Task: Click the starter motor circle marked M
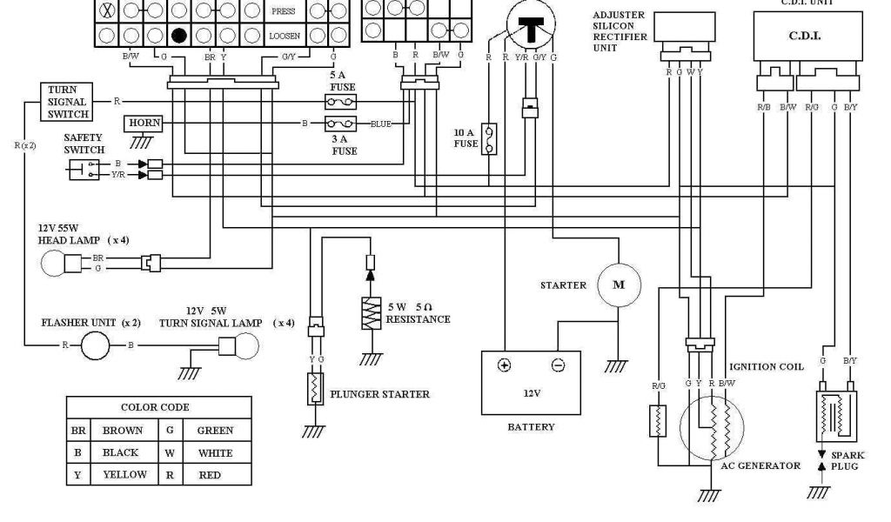tap(620, 284)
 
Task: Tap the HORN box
tap(144, 124)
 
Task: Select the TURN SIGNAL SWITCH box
tap(63, 102)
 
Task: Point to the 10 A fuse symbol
tap(490, 138)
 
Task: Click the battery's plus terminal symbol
tap(504, 365)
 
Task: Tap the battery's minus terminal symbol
tap(559, 365)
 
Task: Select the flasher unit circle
tap(97, 345)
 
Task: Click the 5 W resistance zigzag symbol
tap(372, 312)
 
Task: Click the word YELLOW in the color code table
tap(124, 474)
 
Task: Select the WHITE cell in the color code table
tap(214, 452)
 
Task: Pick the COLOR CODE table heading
tap(155, 407)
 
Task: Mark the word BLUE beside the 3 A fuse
tap(381, 124)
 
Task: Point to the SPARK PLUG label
tap(847, 461)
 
